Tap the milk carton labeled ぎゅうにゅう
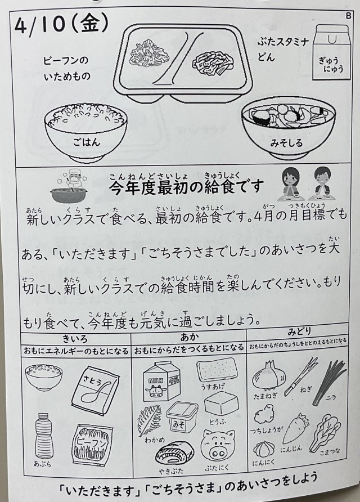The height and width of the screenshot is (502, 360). pos(332,52)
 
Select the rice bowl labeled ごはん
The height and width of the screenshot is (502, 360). pos(86,131)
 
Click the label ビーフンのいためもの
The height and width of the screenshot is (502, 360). pos(66,68)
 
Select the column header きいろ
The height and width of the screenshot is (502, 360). pos(75,338)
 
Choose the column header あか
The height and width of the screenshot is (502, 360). pos(189,337)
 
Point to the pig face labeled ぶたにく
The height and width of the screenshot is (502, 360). pos(218,446)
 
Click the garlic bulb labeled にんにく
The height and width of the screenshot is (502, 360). pos(264,449)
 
